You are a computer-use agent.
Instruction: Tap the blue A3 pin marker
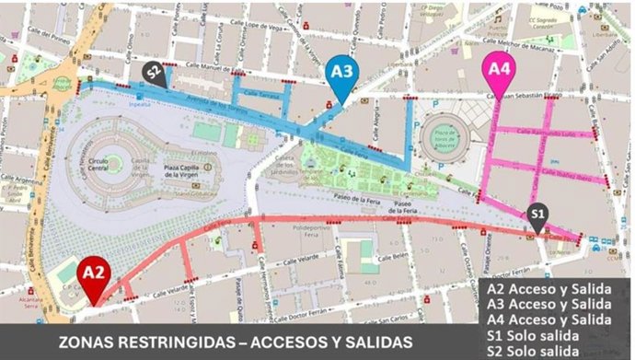tap(341, 72)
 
